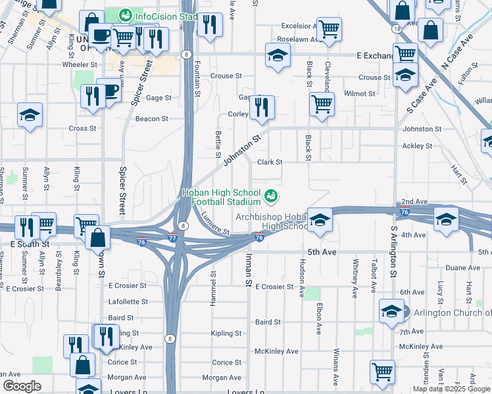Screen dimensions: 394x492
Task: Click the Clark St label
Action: tap(269, 162)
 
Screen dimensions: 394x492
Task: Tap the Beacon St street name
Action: tap(151, 119)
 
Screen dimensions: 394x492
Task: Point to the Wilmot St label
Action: tap(359, 94)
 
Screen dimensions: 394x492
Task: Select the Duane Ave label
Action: tap(462, 268)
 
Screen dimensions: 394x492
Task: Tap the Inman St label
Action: tap(249, 270)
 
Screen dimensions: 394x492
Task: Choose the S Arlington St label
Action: tap(393, 252)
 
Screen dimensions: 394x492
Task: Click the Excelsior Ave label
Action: tap(299, 26)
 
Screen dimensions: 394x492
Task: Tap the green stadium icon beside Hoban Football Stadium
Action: tap(270, 196)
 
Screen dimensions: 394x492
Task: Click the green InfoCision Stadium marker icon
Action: tap(125, 14)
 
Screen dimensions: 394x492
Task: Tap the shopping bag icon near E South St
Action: tap(97, 236)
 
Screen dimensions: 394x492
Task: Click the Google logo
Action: tap(22, 386)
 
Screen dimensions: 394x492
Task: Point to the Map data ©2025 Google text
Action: tap(452, 389)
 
